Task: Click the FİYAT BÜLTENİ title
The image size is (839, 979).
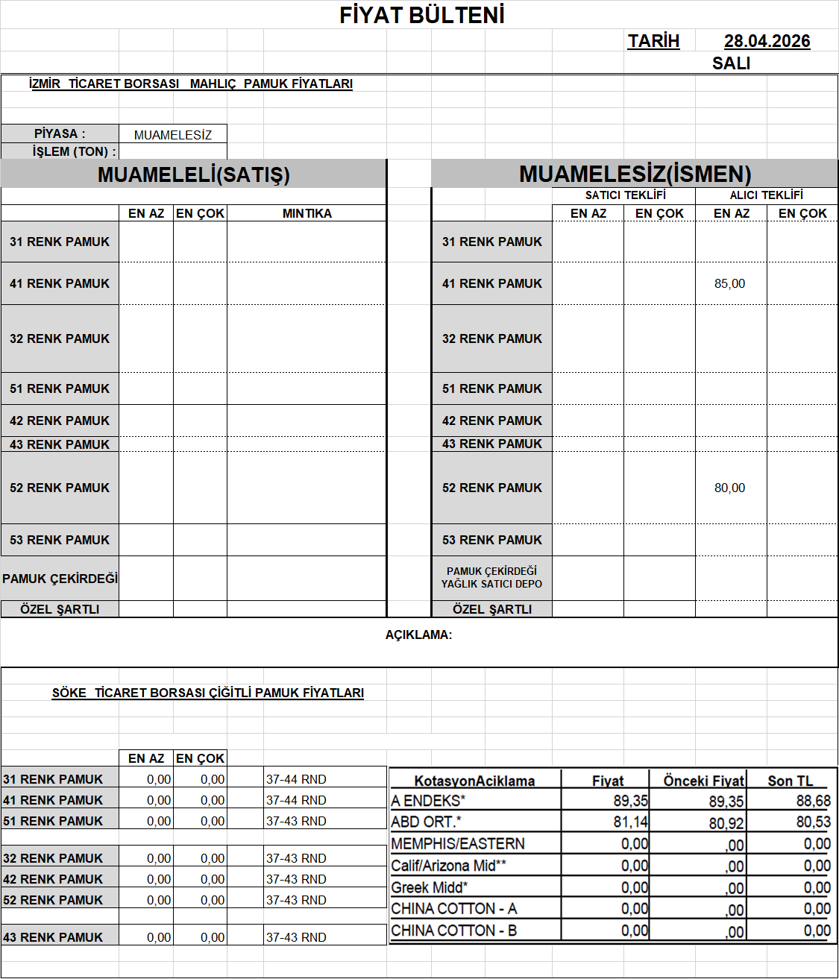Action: [x=422, y=15]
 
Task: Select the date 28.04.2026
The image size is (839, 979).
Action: [x=767, y=41]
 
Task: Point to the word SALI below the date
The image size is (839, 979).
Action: [x=731, y=63]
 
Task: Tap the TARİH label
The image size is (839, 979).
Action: [x=653, y=41]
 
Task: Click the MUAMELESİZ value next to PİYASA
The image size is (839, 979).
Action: [x=173, y=135]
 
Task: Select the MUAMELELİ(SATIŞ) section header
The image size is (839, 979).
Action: [x=193, y=174]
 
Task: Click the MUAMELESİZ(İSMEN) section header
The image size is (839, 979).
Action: [x=635, y=174]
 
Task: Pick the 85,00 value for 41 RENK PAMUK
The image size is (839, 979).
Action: [x=729, y=283]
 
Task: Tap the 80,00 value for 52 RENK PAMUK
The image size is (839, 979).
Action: [x=729, y=488]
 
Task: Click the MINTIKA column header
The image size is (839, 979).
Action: [x=307, y=213]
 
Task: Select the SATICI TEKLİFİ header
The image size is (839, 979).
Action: [x=625, y=195]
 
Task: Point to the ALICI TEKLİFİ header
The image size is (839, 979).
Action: [x=766, y=195]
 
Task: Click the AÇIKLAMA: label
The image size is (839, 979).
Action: [x=418, y=635]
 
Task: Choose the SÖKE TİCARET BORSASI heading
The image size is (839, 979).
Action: [x=207, y=693]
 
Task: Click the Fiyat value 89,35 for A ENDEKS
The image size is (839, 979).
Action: [x=631, y=801]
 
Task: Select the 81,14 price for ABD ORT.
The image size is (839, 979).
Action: [x=631, y=822]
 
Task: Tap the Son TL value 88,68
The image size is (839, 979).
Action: [x=813, y=801]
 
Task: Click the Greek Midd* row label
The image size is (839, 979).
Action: [x=430, y=887]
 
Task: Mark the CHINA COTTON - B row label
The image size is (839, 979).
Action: [x=453, y=931]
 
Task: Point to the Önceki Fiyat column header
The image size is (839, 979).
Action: [x=703, y=781]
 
